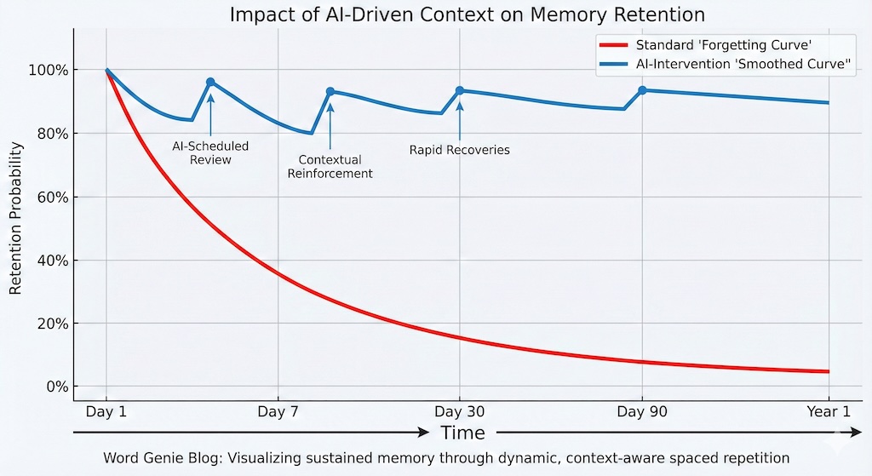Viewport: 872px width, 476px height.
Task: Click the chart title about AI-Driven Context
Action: (x=467, y=14)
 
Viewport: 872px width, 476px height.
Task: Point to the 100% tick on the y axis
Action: (x=50, y=70)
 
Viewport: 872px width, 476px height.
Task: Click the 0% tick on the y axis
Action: (x=56, y=387)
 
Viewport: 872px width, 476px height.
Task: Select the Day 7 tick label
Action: (x=278, y=412)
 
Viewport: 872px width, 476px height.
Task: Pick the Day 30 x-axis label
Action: (x=460, y=412)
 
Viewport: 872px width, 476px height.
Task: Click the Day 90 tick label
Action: (x=641, y=412)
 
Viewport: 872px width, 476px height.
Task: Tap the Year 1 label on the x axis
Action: (x=828, y=412)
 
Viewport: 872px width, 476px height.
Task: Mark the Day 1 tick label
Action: (x=106, y=412)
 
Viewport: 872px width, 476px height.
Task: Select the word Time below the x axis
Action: (x=462, y=433)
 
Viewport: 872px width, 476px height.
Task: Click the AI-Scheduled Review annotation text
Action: (x=210, y=152)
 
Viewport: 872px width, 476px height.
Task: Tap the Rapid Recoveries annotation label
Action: (x=459, y=150)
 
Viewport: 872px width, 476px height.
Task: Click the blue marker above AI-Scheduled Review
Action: (x=210, y=82)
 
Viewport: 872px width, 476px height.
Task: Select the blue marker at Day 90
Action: (x=642, y=90)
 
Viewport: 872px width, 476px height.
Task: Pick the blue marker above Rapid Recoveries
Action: (x=460, y=90)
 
